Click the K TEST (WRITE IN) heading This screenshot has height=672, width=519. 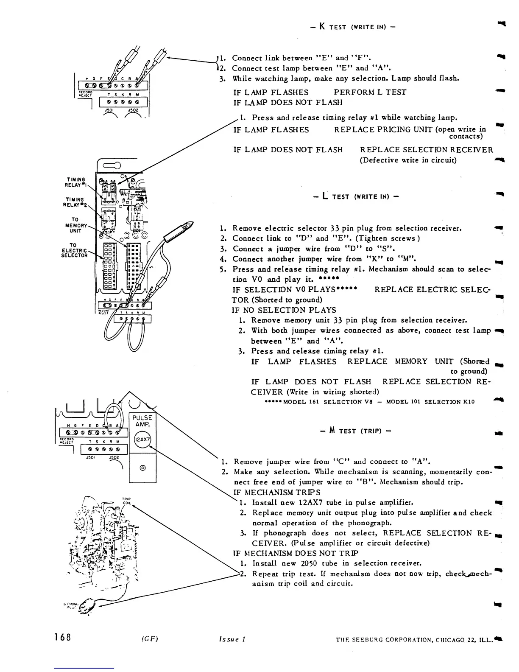point(353,27)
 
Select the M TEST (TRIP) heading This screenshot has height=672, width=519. point(355,431)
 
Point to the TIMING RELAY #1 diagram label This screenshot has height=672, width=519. point(75,182)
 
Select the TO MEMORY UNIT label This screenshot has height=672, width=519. point(75,225)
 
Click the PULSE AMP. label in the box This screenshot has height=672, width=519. point(142,421)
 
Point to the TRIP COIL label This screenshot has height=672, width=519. point(126,501)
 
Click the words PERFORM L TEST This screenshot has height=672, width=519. point(370,92)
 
